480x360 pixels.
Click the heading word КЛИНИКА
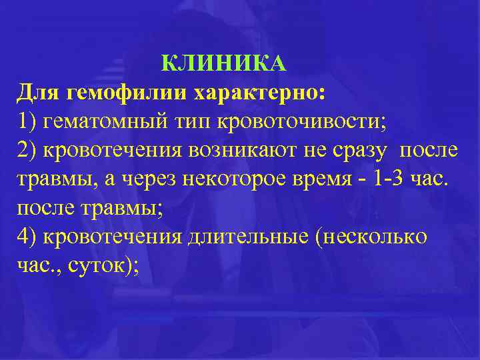click(x=224, y=64)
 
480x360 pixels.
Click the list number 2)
click(x=28, y=151)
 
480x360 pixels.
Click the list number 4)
click(x=28, y=237)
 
